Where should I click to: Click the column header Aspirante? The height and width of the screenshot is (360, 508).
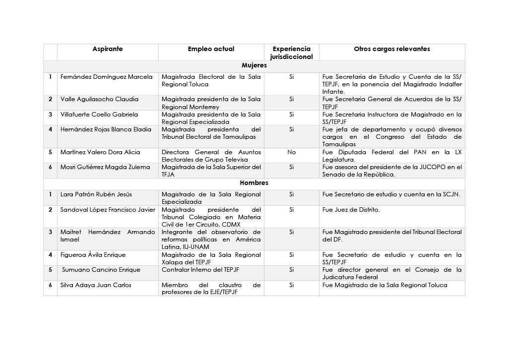pyautogui.click(x=108, y=49)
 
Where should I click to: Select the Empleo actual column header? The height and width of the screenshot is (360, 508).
pyautogui.click(x=211, y=49)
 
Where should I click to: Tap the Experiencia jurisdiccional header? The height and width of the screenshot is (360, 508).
pyautogui.click(x=291, y=53)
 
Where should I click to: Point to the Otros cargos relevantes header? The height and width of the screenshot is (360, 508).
pyautogui.click(x=391, y=49)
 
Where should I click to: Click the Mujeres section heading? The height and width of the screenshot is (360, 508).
pyautogui.click(x=254, y=65)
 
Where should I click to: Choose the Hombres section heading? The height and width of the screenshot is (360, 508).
pyautogui.click(x=254, y=182)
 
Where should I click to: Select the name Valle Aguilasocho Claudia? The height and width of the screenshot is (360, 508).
pyautogui.click(x=99, y=99)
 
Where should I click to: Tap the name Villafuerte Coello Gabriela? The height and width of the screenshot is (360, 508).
pyautogui.click(x=99, y=115)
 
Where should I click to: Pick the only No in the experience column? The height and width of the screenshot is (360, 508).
pyautogui.click(x=291, y=152)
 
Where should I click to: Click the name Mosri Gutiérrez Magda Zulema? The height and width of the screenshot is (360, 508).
pyautogui.click(x=105, y=167)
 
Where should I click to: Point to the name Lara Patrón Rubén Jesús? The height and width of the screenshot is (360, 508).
pyautogui.click(x=97, y=194)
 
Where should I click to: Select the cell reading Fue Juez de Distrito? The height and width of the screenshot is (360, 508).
pyautogui.click(x=351, y=210)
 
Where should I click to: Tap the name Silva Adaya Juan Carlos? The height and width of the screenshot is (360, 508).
pyautogui.click(x=96, y=285)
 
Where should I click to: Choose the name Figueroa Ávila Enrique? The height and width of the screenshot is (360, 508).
pyautogui.click(x=93, y=255)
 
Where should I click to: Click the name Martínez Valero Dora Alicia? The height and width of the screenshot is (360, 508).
pyautogui.click(x=100, y=152)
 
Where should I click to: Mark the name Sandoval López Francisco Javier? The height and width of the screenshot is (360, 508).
pyautogui.click(x=108, y=210)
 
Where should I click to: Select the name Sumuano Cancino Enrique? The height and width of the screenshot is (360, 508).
pyautogui.click(x=101, y=270)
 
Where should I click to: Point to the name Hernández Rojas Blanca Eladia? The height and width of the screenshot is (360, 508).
pyautogui.click(x=106, y=129)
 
